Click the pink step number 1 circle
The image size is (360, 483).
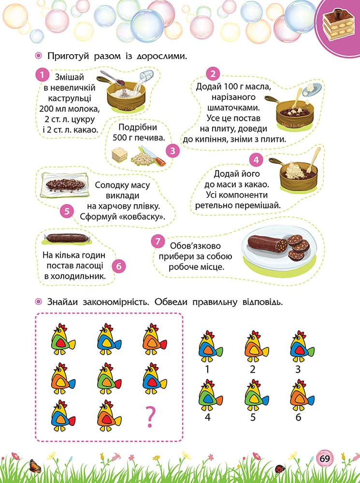(42, 75)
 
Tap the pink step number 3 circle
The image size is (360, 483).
(173, 151)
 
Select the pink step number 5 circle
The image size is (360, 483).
(67, 212)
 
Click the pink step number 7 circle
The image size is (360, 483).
(158, 241)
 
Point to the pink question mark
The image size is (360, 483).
(150, 416)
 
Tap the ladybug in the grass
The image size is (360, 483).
(280, 469)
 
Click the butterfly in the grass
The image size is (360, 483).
(35, 466)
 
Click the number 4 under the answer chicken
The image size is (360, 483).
(207, 418)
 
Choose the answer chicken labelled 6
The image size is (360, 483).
(302, 395)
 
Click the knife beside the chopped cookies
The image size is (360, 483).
(154, 156)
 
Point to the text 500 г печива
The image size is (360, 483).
(139, 137)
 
